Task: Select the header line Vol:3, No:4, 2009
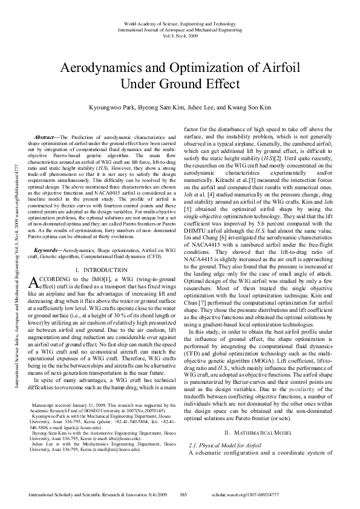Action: pyautogui.click(x=180, y=34)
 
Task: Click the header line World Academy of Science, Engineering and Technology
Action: pyautogui.click(x=180, y=21)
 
